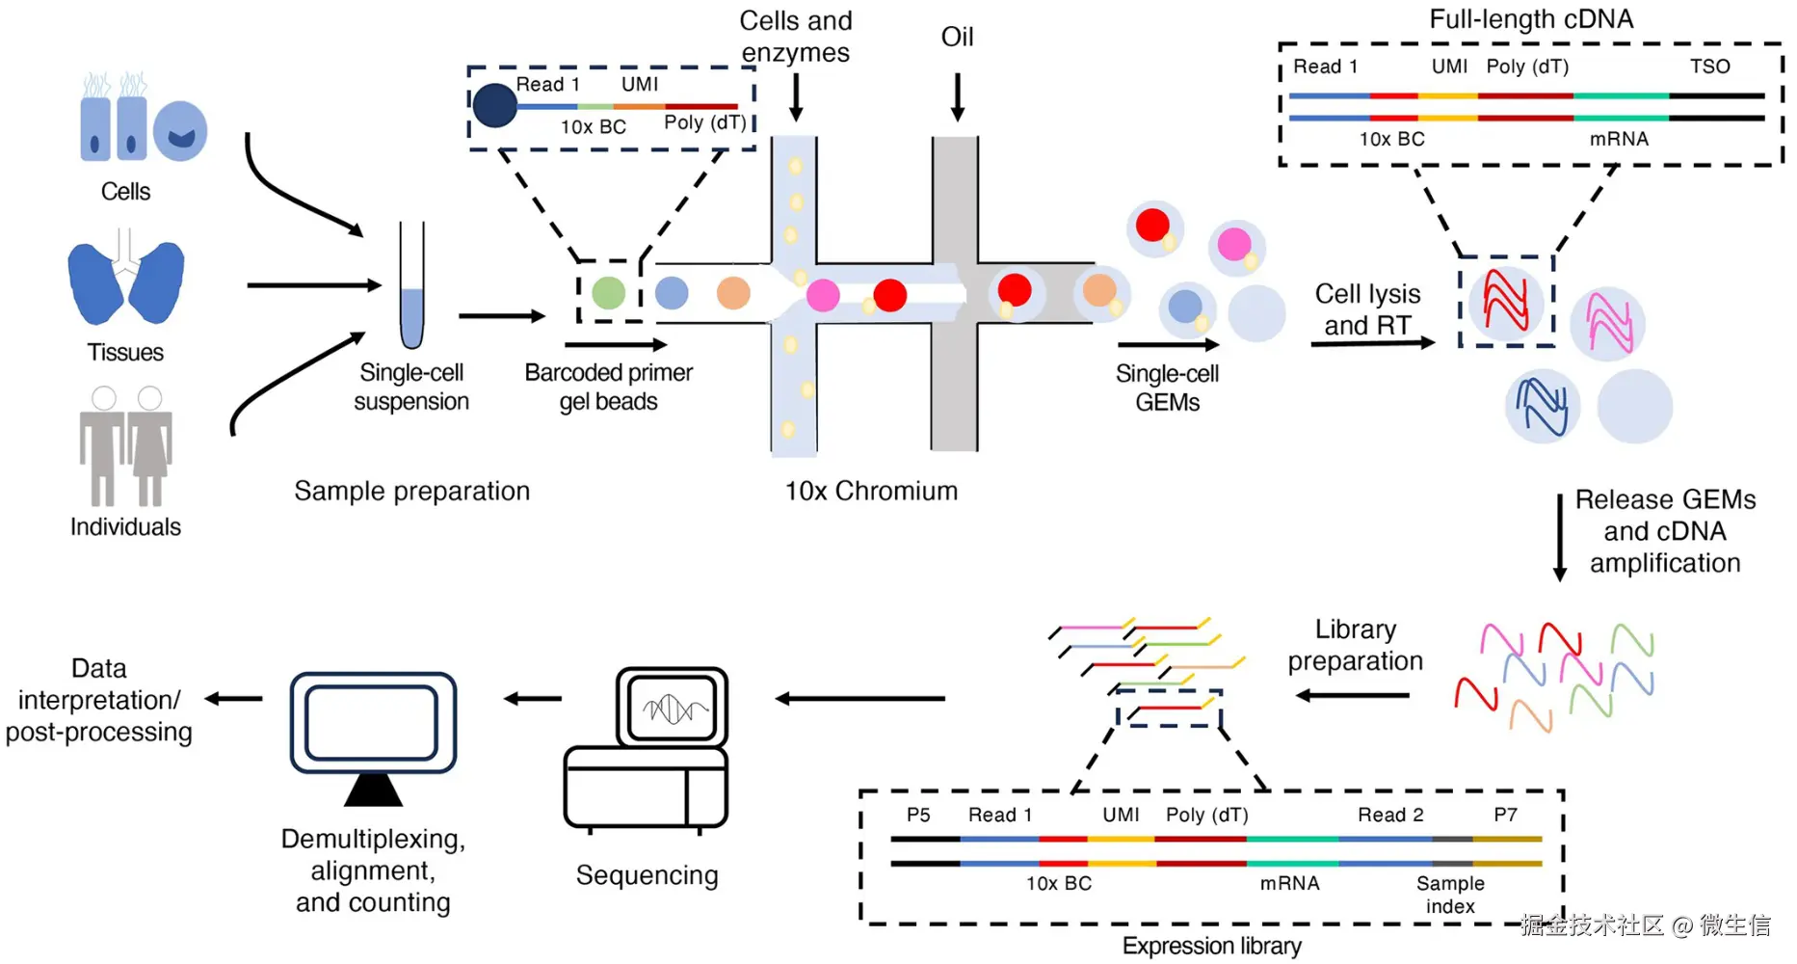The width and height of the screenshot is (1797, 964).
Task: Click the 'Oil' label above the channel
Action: click(x=957, y=38)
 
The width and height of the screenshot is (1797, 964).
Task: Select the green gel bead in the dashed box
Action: click(x=608, y=293)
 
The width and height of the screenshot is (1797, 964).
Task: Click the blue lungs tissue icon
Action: click(x=125, y=280)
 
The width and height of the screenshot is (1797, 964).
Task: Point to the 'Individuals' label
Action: click(x=125, y=527)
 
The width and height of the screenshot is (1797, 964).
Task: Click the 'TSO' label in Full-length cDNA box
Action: click(x=1709, y=67)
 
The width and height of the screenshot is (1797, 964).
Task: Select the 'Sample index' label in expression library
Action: click(x=1450, y=895)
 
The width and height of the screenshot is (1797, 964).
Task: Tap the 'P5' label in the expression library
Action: click(x=918, y=816)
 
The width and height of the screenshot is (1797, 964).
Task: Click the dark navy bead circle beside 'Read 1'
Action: click(x=495, y=105)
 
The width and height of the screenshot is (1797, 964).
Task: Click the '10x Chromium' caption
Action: click(x=871, y=492)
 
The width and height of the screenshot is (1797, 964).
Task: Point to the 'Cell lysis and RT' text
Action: click(x=1367, y=309)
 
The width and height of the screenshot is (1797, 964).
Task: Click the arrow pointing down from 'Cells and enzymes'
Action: click(x=796, y=96)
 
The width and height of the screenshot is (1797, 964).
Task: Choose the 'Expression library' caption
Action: click(x=1211, y=947)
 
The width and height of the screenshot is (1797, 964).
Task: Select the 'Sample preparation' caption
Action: click(x=411, y=492)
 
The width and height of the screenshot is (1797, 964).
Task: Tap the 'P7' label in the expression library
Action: click(x=1505, y=816)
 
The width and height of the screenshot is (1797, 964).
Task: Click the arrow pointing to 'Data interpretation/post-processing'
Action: click(x=234, y=699)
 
